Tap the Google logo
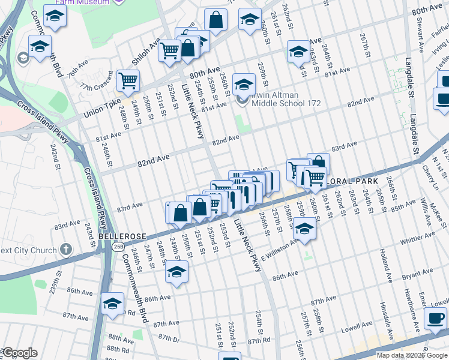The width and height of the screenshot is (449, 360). tap(20, 352)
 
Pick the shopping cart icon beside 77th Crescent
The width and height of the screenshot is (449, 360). tap(128, 80)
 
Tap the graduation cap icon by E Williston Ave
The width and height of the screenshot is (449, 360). tap(305, 231)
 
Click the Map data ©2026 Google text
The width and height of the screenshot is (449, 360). tap(412, 355)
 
